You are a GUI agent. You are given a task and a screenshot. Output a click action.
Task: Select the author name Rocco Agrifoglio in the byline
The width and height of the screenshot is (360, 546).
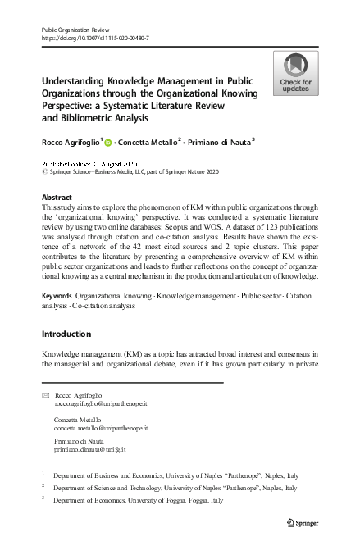72,143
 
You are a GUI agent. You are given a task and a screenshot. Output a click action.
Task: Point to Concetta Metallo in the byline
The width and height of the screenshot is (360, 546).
147,143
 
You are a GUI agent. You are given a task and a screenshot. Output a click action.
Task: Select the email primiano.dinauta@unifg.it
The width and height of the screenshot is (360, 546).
89,450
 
